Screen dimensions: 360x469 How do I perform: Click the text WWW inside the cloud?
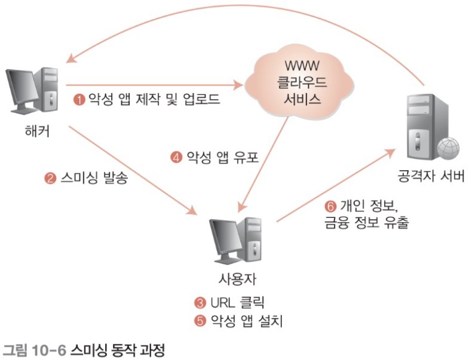click(298, 64)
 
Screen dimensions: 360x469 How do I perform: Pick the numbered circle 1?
click(79, 100)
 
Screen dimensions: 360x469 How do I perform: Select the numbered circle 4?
click(176, 158)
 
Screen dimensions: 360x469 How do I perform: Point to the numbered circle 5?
click(200, 321)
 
